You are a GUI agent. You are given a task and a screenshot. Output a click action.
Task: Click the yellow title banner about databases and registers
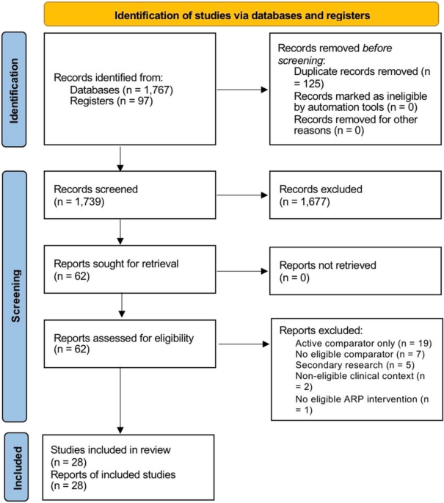[x=241, y=14]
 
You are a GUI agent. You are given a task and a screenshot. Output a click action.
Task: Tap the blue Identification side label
[x=14, y=90]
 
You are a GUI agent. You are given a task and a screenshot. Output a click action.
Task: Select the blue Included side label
[x=16, y=468]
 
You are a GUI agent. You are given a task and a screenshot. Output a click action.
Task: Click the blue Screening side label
[x=15, y=296]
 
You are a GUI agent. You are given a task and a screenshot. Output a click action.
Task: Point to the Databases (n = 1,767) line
[x=122, y=90]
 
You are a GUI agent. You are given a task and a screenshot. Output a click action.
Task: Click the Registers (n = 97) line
[x=112, y=101]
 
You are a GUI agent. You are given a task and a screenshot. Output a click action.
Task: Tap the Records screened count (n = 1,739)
[x=79, y=202]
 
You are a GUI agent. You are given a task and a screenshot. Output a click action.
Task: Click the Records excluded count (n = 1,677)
[x=305, y=202]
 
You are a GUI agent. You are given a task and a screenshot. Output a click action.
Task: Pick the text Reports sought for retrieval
[x=116, y=264]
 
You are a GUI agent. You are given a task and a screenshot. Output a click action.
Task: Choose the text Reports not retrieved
[x=327, y=265]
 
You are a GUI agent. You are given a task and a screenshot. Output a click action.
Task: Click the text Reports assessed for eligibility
[x=124, y=338]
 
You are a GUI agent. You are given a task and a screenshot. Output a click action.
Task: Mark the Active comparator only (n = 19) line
[x=363, y=343]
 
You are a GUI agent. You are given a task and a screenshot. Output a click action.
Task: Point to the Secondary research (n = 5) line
[x=355, y=365]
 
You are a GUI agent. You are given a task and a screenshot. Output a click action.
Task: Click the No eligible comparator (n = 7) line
[x=360, y=354]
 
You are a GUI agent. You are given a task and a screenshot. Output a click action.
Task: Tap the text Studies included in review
[x=111, y=449]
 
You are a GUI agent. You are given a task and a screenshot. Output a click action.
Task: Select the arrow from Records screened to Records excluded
[x=242, y=195]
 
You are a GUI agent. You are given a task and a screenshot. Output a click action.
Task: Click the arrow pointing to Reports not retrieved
[x=242, y=272]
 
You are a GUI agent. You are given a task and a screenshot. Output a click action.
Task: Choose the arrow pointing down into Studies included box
[x=120, y=401]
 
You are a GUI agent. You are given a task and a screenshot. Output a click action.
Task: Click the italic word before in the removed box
[x=377, y=48]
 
